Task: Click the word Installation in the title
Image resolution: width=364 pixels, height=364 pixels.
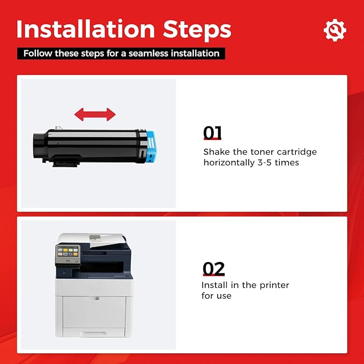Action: click(x=86, y=29)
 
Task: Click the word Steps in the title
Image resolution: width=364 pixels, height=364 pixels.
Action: click(x=197, y=31)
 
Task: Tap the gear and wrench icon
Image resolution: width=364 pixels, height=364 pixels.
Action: click(x=335, y=30)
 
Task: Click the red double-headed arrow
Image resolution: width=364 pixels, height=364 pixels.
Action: click(x=95, y=114)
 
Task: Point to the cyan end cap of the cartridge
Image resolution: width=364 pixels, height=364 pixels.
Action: click(x=151, y=147)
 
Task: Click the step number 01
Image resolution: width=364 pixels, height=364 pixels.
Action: click(x=212, y=133)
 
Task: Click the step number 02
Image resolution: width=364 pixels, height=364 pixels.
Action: click(x=213, y=269)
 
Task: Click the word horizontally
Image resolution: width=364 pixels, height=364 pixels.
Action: click(x=229, y=162)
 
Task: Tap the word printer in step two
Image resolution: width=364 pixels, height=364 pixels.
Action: click(x=274, y=285)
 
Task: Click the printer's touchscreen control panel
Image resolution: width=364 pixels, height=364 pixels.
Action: click(x=68, y=252)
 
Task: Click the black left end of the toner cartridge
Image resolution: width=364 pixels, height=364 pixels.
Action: click(x=40, y=146)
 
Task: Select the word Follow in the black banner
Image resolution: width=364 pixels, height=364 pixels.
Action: click(x=38, y=54)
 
